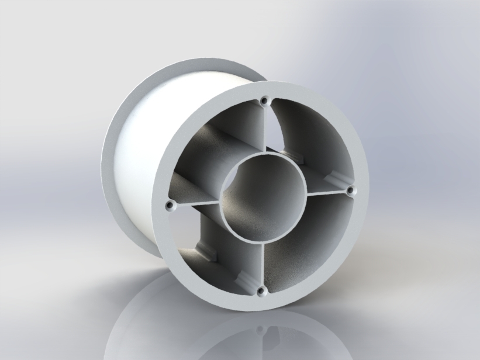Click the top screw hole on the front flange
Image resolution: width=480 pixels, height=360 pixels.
tap(265, 101)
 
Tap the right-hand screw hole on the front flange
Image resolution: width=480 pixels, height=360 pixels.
tap(351, 191)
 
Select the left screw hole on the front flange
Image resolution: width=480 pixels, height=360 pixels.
tap(170, 206)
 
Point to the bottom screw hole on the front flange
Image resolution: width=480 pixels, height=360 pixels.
tap(261, 290)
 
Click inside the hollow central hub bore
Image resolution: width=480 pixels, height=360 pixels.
tap(263, 196)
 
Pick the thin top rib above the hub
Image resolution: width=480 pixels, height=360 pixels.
tap(264, 129)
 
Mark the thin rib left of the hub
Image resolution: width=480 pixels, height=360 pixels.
tap(196, 203)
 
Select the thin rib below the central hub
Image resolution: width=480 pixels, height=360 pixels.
tap(261, 263)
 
